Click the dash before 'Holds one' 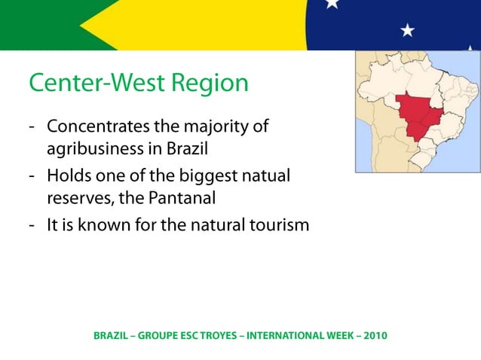pyautogui.click(x=34, y=175)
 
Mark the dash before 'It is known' pyautogui.click(x=34, y=224)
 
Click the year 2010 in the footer pyautogui.click(x=375, y=334)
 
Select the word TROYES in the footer pyautogui.click(x=209, y=334)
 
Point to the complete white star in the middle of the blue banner pyautogui.click(x=407, y=30)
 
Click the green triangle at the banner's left pyautogui.click(x=30, y=23)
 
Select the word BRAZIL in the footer pyautogui.click(x=110, y=334)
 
